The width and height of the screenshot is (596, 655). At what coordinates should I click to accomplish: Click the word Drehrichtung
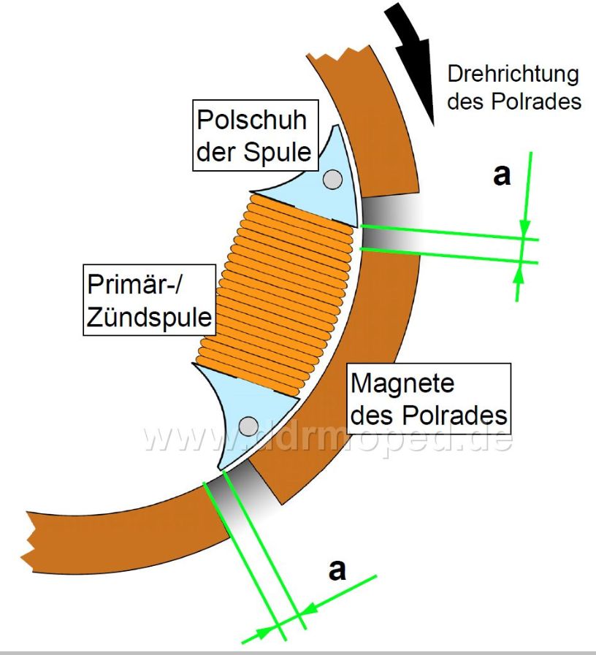(513, 74)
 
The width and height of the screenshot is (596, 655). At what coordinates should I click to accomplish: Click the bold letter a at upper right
(502, 175)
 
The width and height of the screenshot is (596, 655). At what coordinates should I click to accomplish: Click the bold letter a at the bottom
(337, 570)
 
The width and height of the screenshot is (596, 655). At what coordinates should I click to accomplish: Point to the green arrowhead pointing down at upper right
(524, 229)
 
